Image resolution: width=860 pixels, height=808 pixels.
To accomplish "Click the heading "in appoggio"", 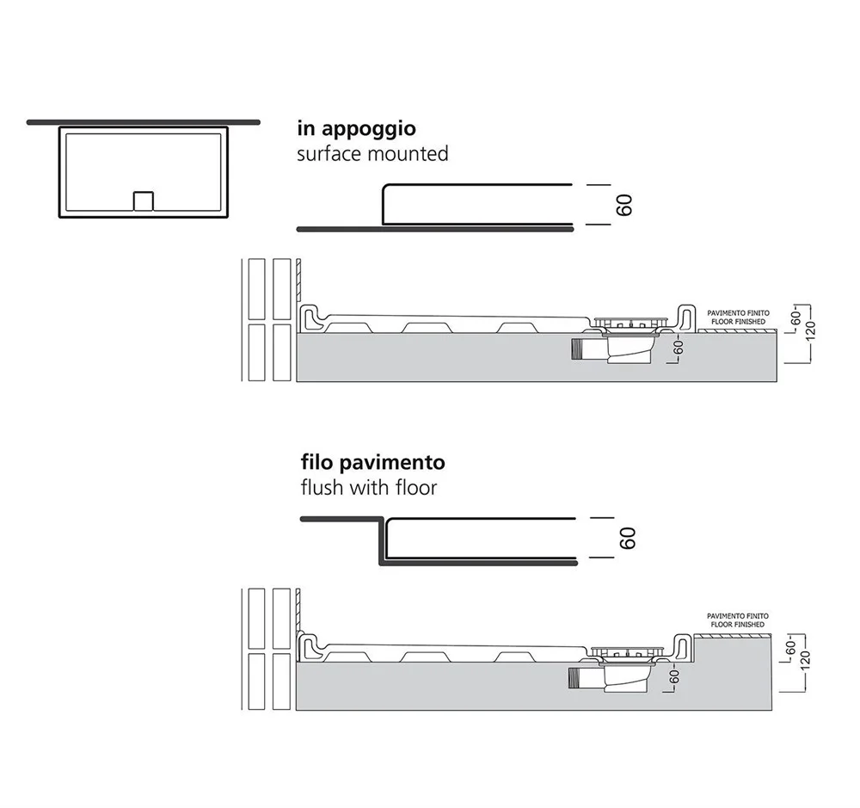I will (356, 129).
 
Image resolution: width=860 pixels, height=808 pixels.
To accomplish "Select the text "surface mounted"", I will (372, 154).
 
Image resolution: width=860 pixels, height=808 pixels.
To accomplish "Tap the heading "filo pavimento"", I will (372, 463).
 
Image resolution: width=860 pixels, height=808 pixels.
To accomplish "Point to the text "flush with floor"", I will (367, 488).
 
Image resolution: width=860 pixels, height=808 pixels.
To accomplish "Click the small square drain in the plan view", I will (143, 200).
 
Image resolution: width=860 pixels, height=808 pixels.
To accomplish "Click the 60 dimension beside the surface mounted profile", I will (625, 205).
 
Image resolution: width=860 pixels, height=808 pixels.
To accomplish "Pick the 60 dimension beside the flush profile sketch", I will (627, 539).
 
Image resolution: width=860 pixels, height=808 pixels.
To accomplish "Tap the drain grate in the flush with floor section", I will (632, 651).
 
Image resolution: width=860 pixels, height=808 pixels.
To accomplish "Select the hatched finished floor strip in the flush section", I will (738, 633).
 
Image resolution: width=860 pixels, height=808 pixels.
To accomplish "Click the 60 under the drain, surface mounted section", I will (678, 349).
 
